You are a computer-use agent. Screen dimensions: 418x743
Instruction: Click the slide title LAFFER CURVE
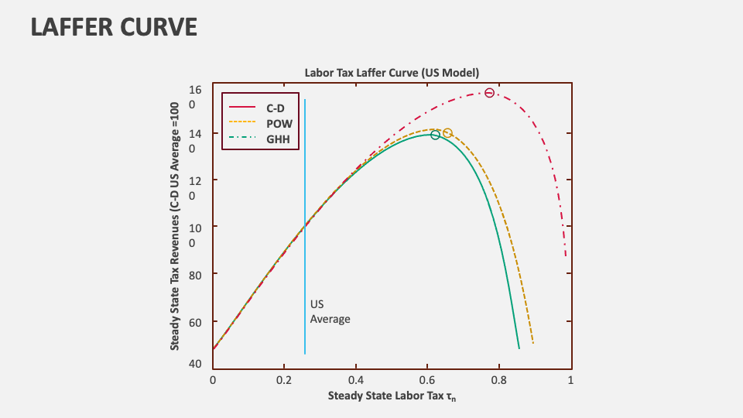114,26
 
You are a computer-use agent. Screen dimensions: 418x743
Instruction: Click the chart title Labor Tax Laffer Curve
392,73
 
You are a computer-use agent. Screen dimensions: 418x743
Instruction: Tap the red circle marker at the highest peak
489,93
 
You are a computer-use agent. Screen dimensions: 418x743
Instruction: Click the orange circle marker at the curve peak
447,132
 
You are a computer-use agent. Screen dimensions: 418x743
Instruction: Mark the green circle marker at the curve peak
435,135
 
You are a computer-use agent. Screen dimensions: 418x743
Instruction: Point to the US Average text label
330,312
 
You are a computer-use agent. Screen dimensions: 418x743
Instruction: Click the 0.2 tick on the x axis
284,380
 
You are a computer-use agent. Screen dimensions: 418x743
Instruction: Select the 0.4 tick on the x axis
356,380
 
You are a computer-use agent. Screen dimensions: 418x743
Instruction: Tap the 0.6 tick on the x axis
427,380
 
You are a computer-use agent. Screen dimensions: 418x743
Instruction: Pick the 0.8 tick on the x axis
499,380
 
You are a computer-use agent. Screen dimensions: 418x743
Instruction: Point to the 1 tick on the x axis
570,380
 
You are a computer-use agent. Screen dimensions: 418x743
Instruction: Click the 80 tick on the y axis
196,274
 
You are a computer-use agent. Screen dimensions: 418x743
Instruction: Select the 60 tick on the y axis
196,321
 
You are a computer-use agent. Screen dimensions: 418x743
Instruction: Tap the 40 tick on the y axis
196,364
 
